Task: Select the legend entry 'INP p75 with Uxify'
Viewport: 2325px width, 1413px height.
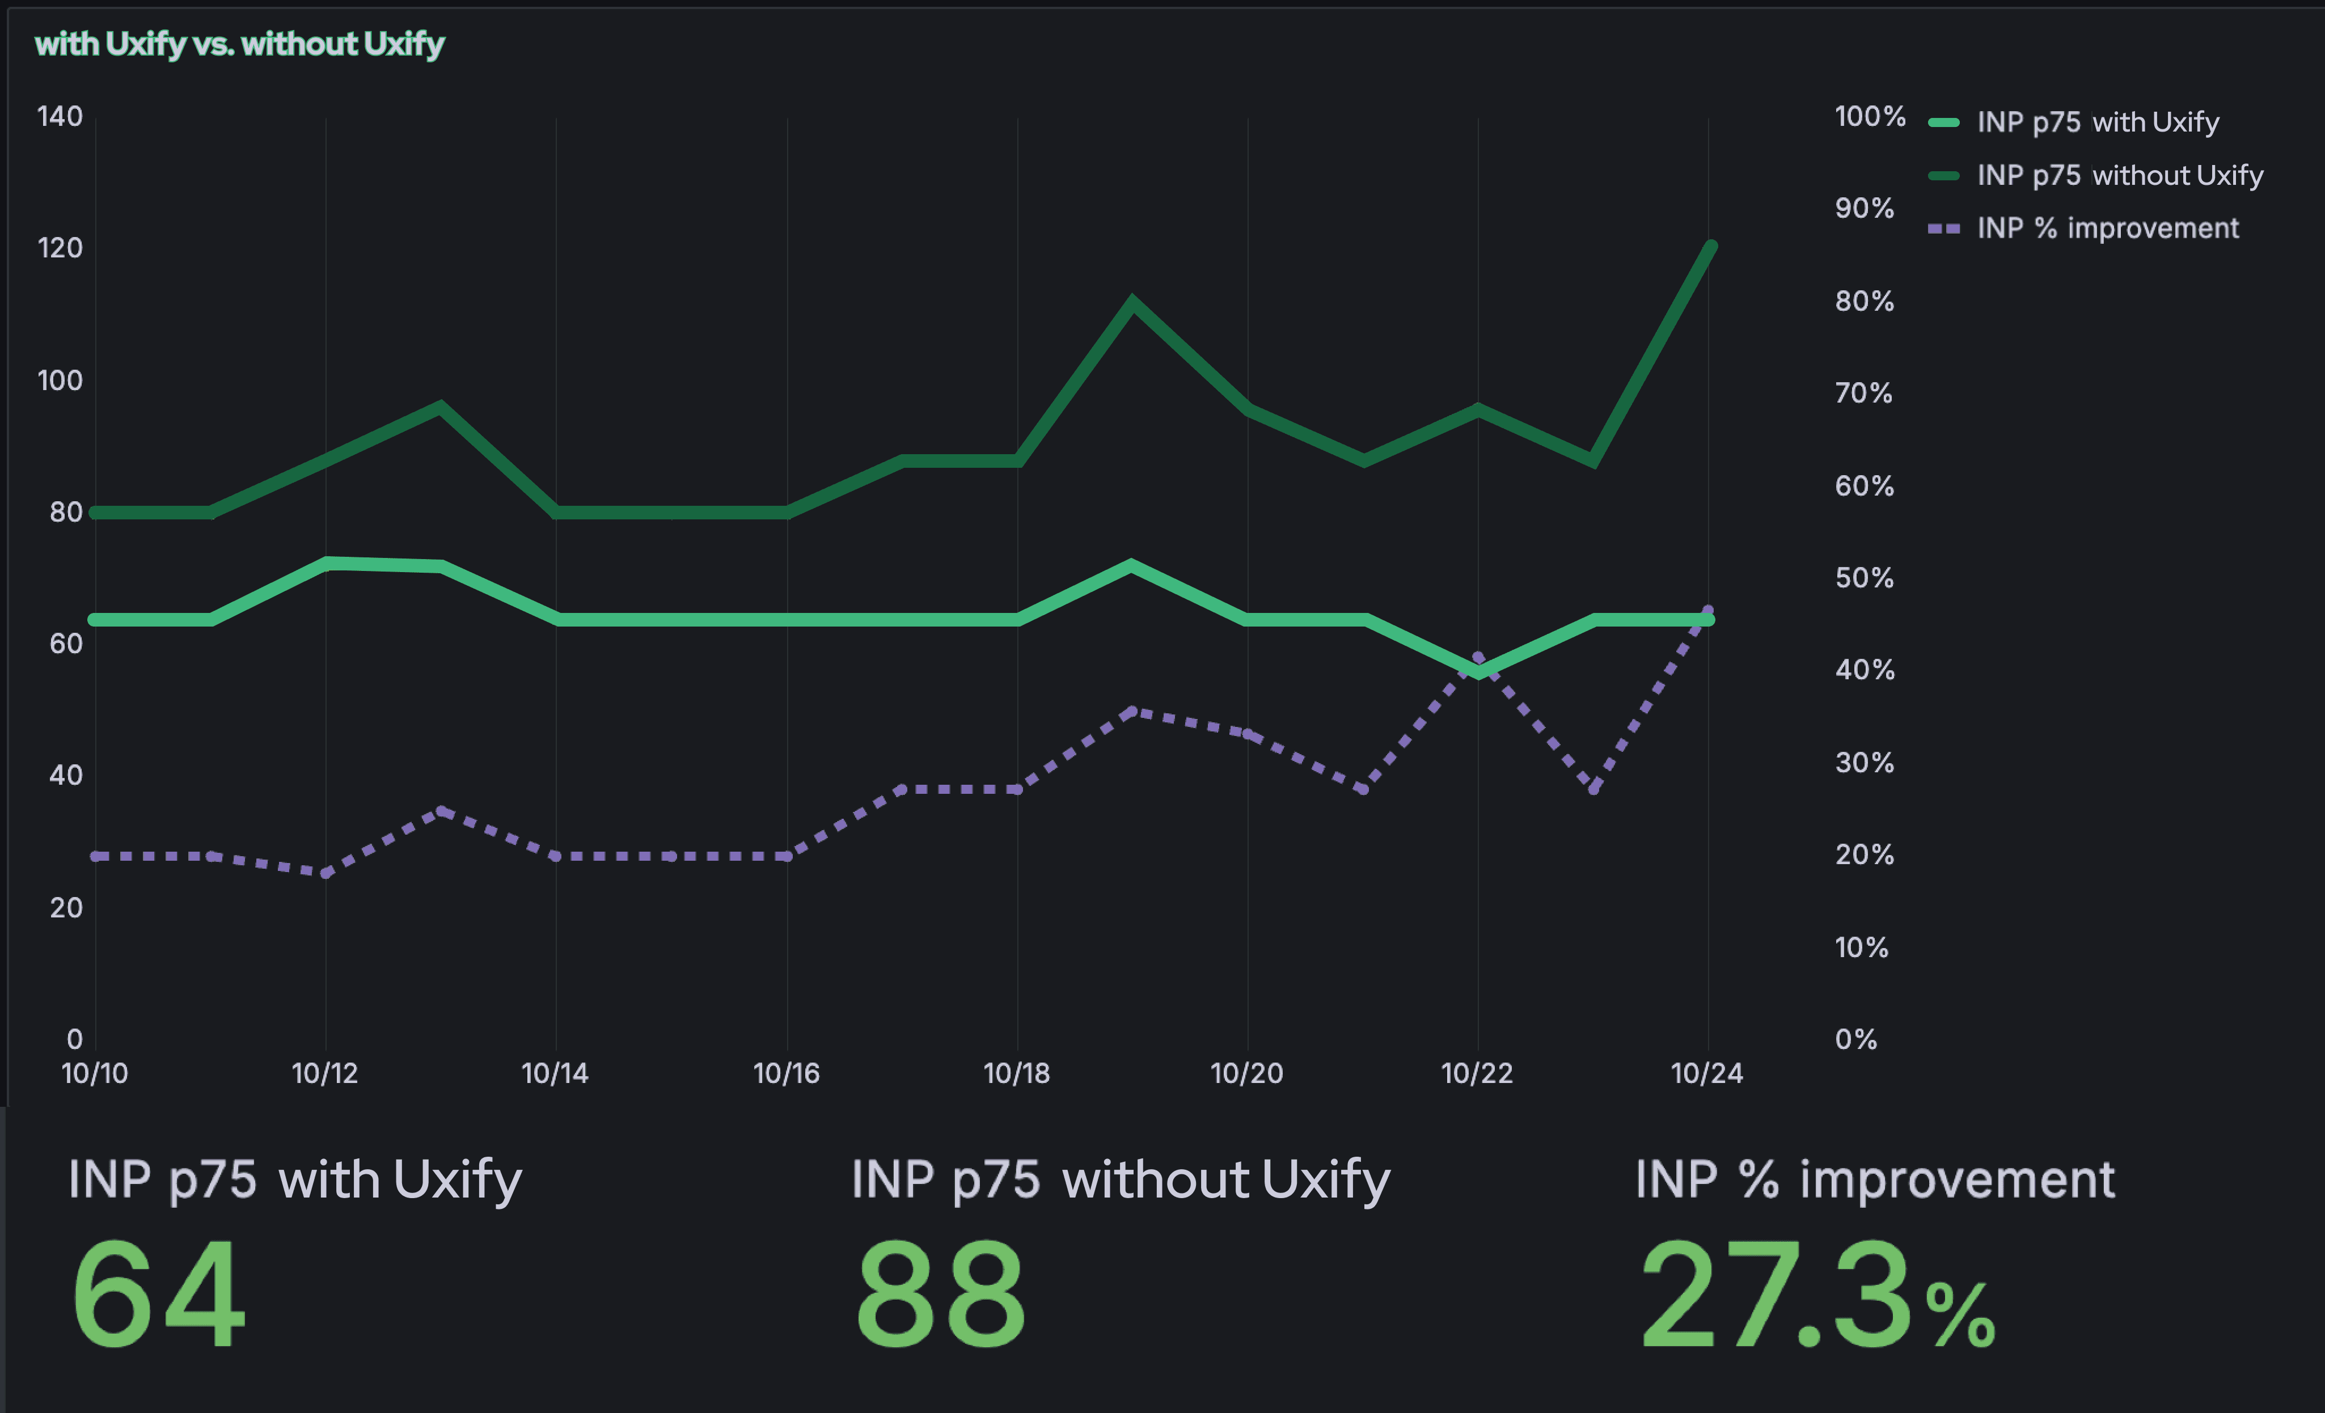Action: (x=2096, y=122)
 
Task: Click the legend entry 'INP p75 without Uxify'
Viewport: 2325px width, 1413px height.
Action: (x=2119, y=175)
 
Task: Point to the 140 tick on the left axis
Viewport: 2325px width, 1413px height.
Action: (x=60, y=116)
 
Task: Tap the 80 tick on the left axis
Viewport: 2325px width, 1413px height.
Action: (x=65, y=512)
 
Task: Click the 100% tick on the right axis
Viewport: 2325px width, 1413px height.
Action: (x=1869, y=116)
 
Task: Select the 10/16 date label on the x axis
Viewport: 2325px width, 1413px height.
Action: (x=786, y=1073)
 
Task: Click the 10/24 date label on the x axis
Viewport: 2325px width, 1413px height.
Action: (x=1707, y=1073)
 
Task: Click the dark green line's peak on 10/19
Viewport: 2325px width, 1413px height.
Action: (x=1132, y=301)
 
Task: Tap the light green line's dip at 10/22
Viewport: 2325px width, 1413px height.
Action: (x=1478, y=671)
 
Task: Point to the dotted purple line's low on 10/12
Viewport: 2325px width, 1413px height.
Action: (x=325, y=873)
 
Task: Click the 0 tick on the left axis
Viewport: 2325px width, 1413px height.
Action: (x=74, y=1039)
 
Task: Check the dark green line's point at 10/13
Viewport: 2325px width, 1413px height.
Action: (x=441, y=407)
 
